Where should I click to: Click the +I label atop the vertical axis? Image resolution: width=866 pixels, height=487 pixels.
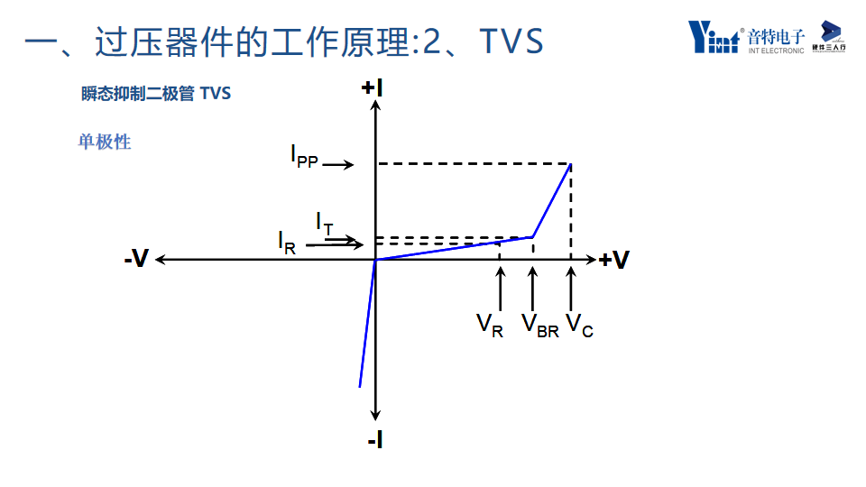click(x=372, y=87)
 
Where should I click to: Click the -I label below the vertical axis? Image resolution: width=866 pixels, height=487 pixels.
click(x=375, y=440)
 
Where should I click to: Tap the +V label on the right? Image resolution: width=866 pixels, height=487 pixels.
click(x=614, y=261)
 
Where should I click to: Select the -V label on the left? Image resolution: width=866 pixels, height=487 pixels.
click(x=136, y=260)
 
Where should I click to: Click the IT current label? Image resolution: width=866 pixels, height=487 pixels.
click(x=324, y=222)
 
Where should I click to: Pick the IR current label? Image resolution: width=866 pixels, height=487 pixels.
click(x=286, y=242)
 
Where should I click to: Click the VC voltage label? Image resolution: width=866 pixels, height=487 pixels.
click(x=579, y=326)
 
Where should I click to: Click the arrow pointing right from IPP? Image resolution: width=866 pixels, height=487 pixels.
click(x=338, y=165)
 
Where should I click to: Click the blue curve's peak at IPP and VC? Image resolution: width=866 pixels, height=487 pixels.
click(x=570, y=164)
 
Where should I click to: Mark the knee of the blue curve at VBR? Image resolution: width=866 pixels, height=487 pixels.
click(x=532, y=237)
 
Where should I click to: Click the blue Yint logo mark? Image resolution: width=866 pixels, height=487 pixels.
click(x=714, y=36)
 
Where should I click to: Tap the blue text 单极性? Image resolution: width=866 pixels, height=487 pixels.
click(x=105, y=142)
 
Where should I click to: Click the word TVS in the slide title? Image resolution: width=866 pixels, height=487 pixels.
click(x=511, y=42)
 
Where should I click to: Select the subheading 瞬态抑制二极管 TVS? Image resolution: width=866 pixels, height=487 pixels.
click(x=155, y=94)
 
